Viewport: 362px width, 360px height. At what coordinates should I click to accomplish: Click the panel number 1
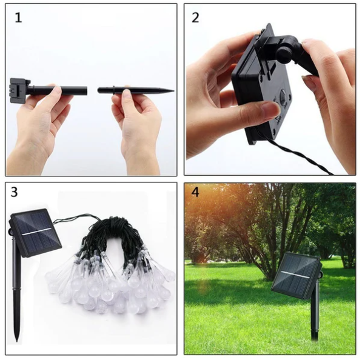pos(18,18)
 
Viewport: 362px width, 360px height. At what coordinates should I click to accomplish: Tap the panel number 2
pos(195,18)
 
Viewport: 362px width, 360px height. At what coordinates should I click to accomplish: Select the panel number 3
pos(15,193)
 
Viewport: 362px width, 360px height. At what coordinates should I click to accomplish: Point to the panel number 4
pos(195,192)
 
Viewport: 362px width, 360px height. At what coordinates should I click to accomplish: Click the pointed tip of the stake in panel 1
pos(171,91)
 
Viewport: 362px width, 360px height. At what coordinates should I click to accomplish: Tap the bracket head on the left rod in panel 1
pos(18,90)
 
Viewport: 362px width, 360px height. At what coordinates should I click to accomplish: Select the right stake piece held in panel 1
pos(136,90)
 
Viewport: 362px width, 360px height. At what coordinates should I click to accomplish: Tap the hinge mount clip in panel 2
pos(285,48)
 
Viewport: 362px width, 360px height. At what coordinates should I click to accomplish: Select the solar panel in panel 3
pos(35,232)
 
